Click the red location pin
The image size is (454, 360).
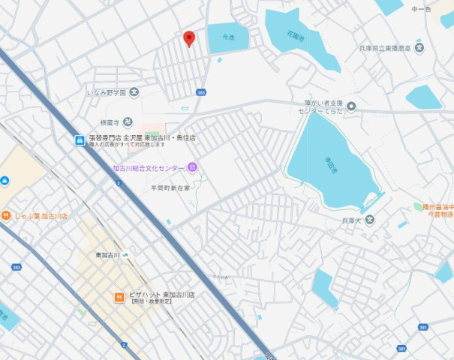(189, 38)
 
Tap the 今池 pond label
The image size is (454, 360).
(228, 36)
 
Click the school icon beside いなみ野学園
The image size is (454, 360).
(134, 92)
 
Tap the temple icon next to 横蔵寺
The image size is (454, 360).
(128, 122)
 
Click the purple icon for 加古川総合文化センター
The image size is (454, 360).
(192, 167)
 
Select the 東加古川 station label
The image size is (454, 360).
(108, 255)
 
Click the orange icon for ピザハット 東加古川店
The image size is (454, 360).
(119, 297)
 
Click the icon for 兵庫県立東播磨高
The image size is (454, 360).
(419, 49)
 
